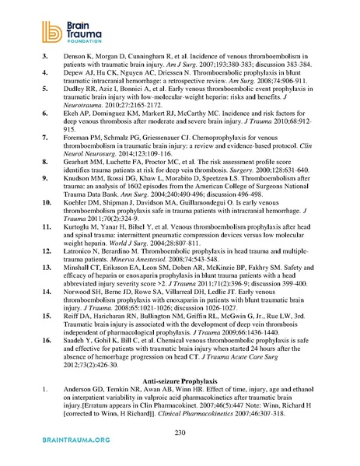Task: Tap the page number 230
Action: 180,431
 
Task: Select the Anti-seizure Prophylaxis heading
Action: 180,377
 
